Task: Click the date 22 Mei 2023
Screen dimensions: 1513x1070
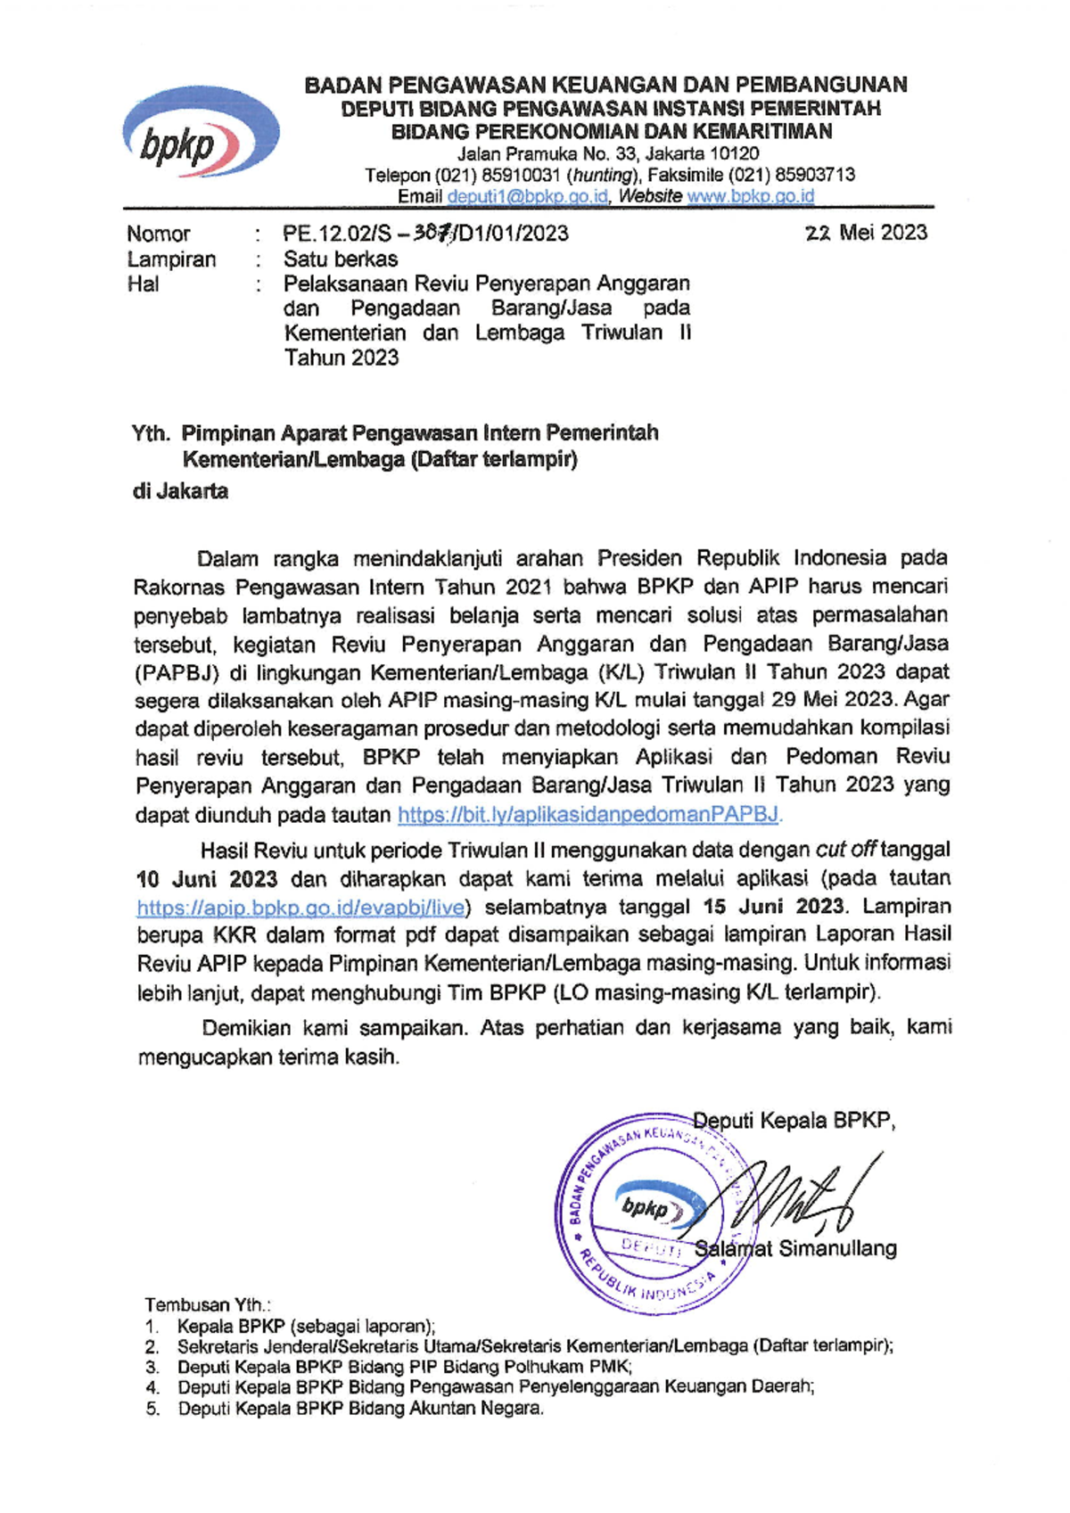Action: point(866,233)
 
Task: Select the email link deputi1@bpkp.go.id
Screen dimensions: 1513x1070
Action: point(528,196)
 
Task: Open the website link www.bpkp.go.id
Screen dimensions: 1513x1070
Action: point(750,196)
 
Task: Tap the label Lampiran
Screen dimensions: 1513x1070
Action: point(171,259)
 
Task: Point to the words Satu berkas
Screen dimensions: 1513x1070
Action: point(341,259)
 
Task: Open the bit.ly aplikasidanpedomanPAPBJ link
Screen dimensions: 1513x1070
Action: point(588,814)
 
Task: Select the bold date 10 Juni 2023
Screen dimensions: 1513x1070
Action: point(207,878)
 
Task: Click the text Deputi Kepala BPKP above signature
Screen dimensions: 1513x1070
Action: point(794,1121)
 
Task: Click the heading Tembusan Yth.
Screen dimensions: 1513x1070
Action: point(208,1305)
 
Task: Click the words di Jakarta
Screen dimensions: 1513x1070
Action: point(180,491)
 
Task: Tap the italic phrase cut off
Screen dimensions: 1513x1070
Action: point(846,850)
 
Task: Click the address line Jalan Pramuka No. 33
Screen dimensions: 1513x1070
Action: point(608,153)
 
